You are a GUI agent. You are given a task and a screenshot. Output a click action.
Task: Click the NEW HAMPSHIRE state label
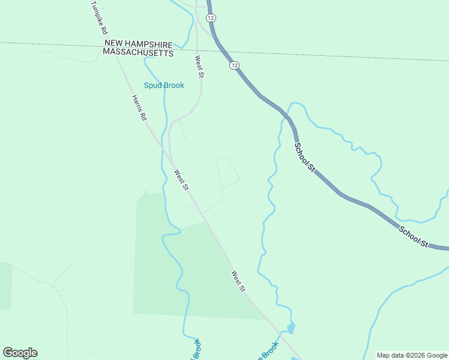[139, 44]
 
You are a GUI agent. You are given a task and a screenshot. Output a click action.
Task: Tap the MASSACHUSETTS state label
[138, 53]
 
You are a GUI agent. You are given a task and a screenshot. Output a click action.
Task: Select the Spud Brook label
[164, 85]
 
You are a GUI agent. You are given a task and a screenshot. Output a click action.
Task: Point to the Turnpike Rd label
[98, 17]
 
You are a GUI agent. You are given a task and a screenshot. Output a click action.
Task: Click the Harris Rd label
[139, 109]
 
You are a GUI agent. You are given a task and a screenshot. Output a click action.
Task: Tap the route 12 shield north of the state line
[210, 18]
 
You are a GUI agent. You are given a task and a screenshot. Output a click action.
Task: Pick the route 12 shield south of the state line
[234, 65]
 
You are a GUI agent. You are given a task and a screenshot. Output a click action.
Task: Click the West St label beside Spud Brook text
[199, 66]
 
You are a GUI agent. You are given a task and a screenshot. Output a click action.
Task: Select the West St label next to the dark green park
[238, 281]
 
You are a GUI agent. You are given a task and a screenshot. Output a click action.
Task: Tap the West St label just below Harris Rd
[181, 180]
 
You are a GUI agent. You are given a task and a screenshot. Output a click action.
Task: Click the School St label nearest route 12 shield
[304, 157]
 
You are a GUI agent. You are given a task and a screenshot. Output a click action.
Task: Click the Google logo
[20, 353]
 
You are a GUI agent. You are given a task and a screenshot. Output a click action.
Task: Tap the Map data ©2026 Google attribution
[412, 355]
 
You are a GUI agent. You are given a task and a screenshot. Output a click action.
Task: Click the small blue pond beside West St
[291, 328]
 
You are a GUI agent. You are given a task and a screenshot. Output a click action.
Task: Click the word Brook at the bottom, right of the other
[270, 351]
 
